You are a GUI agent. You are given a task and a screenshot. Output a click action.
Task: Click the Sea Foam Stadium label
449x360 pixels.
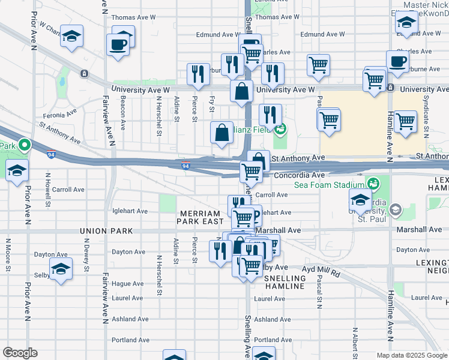coord(329,185)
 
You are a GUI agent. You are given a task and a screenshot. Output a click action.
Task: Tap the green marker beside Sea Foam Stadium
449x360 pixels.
coord(374,182)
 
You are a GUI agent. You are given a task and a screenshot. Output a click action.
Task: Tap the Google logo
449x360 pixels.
coord(20,353)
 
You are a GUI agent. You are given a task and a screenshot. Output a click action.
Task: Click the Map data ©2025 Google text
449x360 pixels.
coord(412,355)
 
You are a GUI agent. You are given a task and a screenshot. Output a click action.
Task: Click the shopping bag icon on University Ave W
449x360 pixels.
coord(242,93)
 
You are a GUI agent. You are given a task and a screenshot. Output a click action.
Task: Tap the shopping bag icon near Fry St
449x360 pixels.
coord(222,133)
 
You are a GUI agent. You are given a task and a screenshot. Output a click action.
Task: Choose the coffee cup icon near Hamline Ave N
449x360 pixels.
coord(397,62)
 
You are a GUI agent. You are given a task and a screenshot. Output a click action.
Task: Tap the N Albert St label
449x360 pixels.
coord(355,343)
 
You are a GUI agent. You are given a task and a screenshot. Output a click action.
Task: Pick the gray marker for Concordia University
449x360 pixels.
coord(396,209)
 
